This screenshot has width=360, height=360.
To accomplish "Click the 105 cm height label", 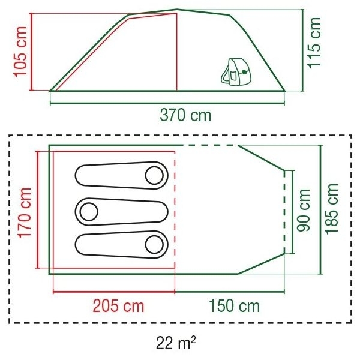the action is (x=20, y=52).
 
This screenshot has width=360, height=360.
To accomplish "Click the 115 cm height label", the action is (x=314, y=43).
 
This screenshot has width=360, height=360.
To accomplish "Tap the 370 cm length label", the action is (x=185, y=115).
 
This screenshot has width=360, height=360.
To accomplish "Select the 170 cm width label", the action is (x=25, y=213).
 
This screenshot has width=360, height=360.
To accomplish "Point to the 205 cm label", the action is (x=118, y=306).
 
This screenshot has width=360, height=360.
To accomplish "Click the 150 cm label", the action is (x=235, y=306).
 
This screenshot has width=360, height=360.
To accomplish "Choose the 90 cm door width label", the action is (x=303, y=210).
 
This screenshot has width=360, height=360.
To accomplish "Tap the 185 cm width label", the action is (x=332, y=209).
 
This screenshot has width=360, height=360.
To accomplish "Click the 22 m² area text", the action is (x=176, y=343).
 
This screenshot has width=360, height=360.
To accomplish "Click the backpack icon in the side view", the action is (x=236, y=71).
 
